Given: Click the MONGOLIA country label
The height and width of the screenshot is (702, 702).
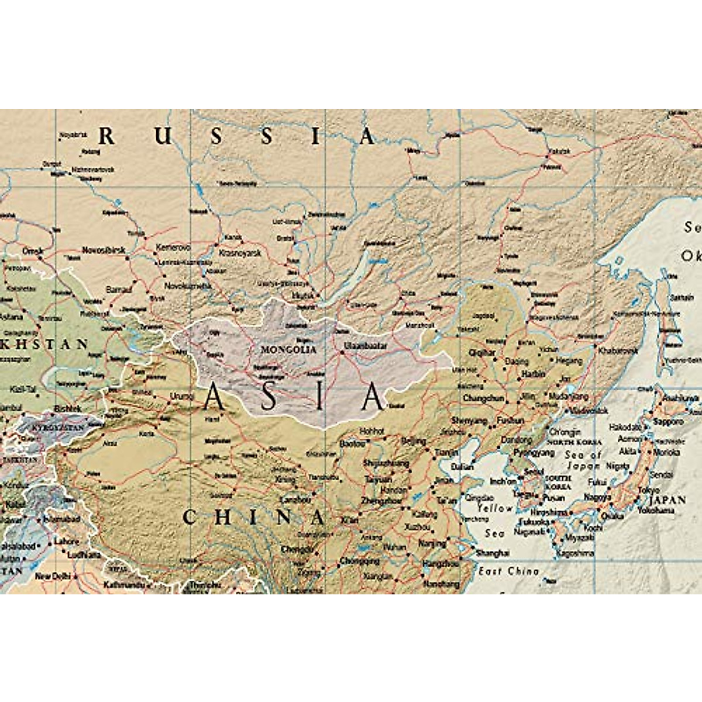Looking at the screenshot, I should pyautogui.click(x=288, y=350).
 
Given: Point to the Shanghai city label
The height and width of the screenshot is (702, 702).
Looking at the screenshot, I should pyautogui.click(x=492, y=553).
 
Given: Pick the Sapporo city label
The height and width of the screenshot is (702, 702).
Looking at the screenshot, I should pyautogui.click(x=668, y=421).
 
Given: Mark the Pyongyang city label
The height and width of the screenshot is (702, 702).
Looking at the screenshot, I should pyautogui.click(x=534, y=453).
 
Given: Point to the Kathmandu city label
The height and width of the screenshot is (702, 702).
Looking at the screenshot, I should pyautogui.click(x=123, y=584).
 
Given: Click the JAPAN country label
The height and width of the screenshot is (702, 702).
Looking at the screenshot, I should pyautogui.click(x=667, y=500).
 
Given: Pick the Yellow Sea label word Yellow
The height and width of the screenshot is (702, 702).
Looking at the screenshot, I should pyautogui.click(x=495, y=509).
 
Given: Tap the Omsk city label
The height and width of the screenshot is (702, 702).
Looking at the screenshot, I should pyautogui.click(x=33, y=251).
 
